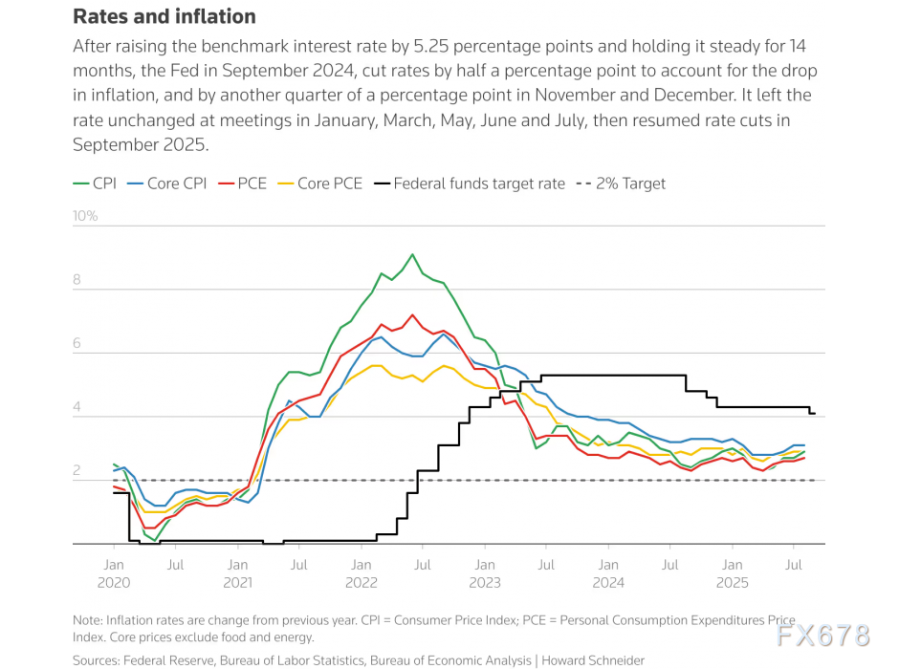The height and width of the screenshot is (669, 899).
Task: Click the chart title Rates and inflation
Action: coord(164,16)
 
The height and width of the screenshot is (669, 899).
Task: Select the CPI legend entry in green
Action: coord(96,183)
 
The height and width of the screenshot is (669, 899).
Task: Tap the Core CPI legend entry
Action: coord(166,183)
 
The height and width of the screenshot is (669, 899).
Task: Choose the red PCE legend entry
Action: coord(243,183)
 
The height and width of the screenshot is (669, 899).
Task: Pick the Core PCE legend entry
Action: coord(319,183)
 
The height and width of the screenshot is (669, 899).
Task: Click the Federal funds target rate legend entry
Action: coord(469,183)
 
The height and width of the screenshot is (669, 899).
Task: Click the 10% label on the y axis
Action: coord(86,216)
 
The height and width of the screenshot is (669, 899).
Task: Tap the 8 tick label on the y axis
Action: coord(79,281)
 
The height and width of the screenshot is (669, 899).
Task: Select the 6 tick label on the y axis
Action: coord(79,344)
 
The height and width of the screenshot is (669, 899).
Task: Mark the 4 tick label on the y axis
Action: coord(79,408)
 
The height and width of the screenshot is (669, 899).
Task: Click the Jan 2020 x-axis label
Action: coord(113,572)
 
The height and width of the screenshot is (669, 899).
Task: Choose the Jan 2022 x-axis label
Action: coord(361,572)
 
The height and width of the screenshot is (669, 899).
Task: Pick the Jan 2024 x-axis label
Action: coord(608,572)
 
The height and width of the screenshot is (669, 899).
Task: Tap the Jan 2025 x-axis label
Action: coord(732,572)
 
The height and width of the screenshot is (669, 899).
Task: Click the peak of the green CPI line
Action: coord(412,254)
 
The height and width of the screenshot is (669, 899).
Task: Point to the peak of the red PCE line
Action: coord(412,314)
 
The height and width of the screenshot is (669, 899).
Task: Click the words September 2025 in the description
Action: coord(141,144)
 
